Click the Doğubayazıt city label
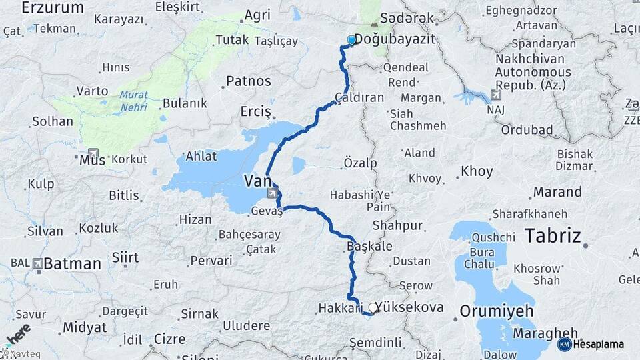tap(394, 40)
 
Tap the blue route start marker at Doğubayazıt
tap(351, 40)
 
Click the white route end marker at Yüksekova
tap(372, 308)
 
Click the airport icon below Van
tap(272, 194)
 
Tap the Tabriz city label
tap(553, 235)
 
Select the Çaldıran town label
tap(359, 97)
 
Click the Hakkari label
tap(339, 308)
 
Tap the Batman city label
tap(73, 263)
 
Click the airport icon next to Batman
tap(37, 263)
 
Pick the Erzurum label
tap(53, 8)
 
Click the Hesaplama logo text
tap(598, 344)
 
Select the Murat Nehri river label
tap(134, 100)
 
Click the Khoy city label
tap(477, 171)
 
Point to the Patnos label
tap(249, 81)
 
